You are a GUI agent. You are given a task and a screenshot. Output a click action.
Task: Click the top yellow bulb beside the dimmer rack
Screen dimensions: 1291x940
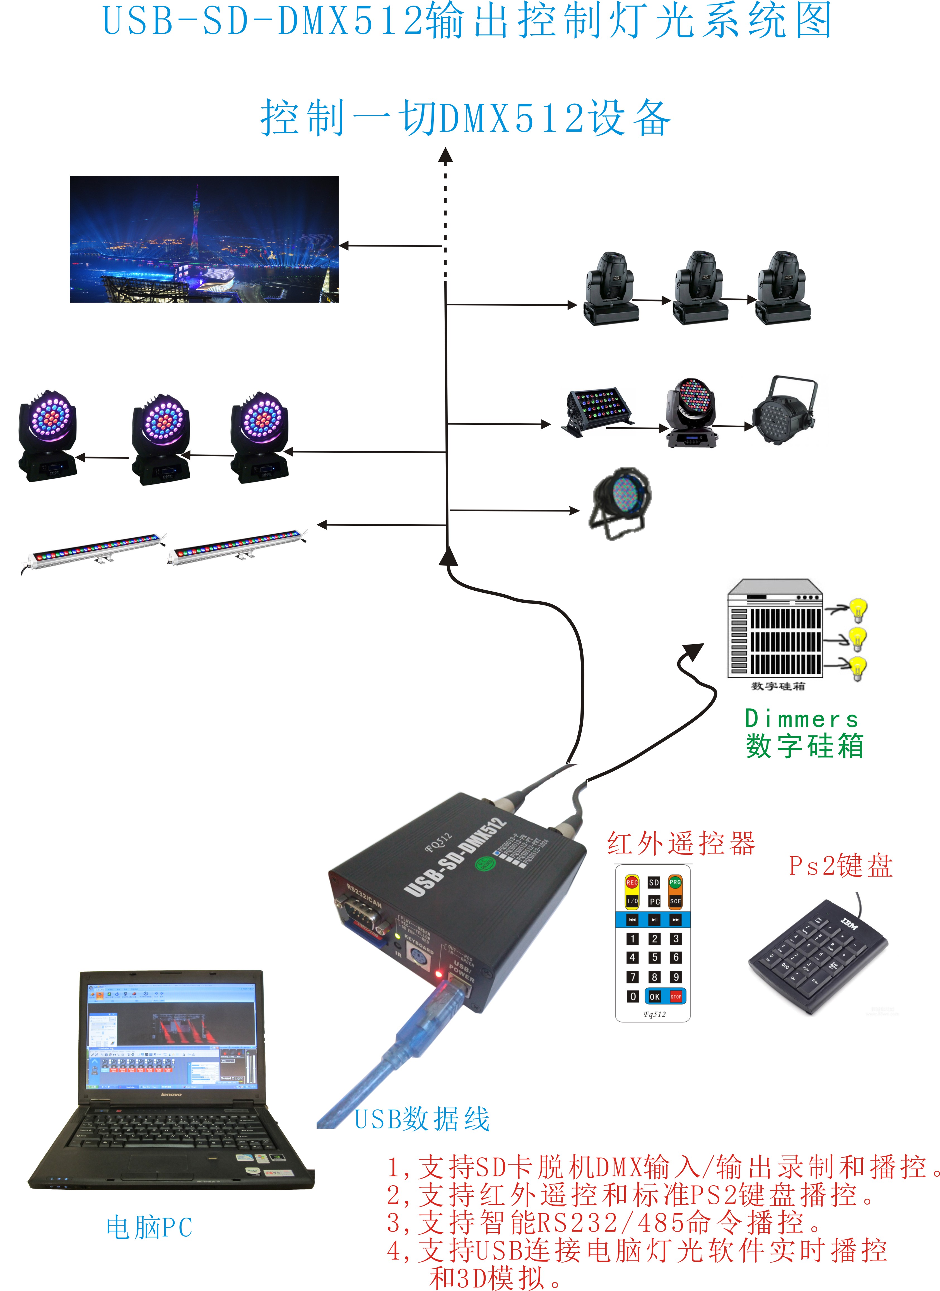tap(858, 609)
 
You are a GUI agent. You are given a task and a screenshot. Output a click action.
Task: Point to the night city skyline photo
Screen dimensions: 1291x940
tap(204, 239)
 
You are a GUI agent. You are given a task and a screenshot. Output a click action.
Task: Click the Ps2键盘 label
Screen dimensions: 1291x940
tap(840, 866)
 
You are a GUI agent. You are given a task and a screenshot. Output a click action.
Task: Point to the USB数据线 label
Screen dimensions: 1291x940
tap(422, 1119)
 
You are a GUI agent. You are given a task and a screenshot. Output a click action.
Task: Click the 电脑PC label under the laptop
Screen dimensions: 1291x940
tap(149, 1228)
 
